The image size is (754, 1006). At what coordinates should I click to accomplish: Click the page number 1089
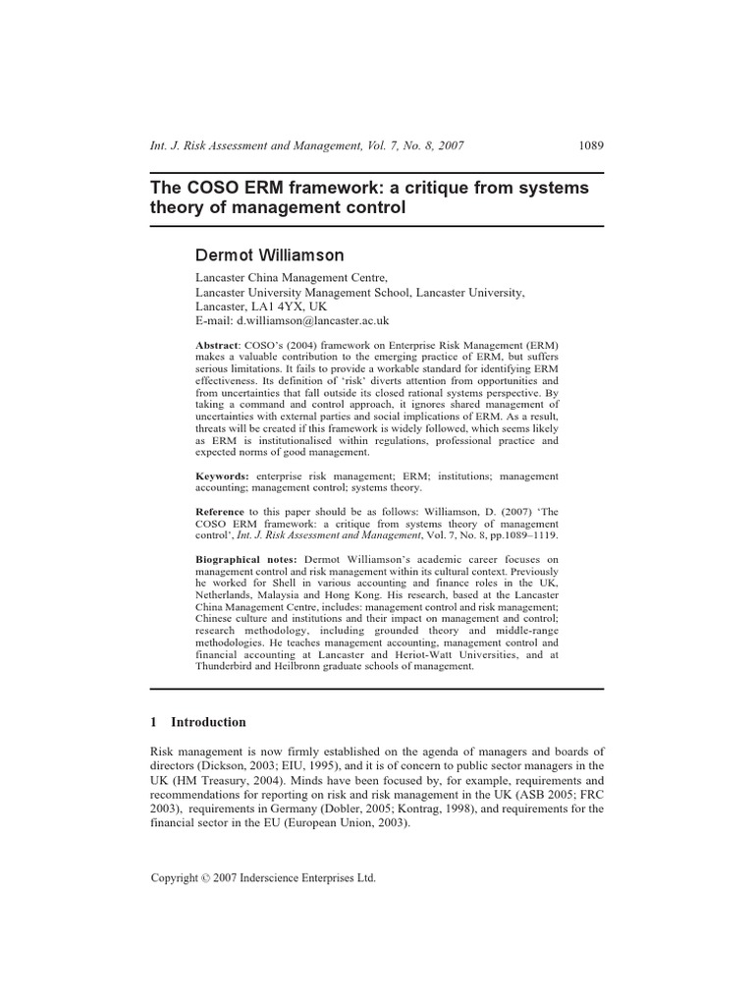point(591,145)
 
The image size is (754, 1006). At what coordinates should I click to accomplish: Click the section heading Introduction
point(208,722)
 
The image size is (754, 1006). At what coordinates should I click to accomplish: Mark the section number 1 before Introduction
point(154,722)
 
